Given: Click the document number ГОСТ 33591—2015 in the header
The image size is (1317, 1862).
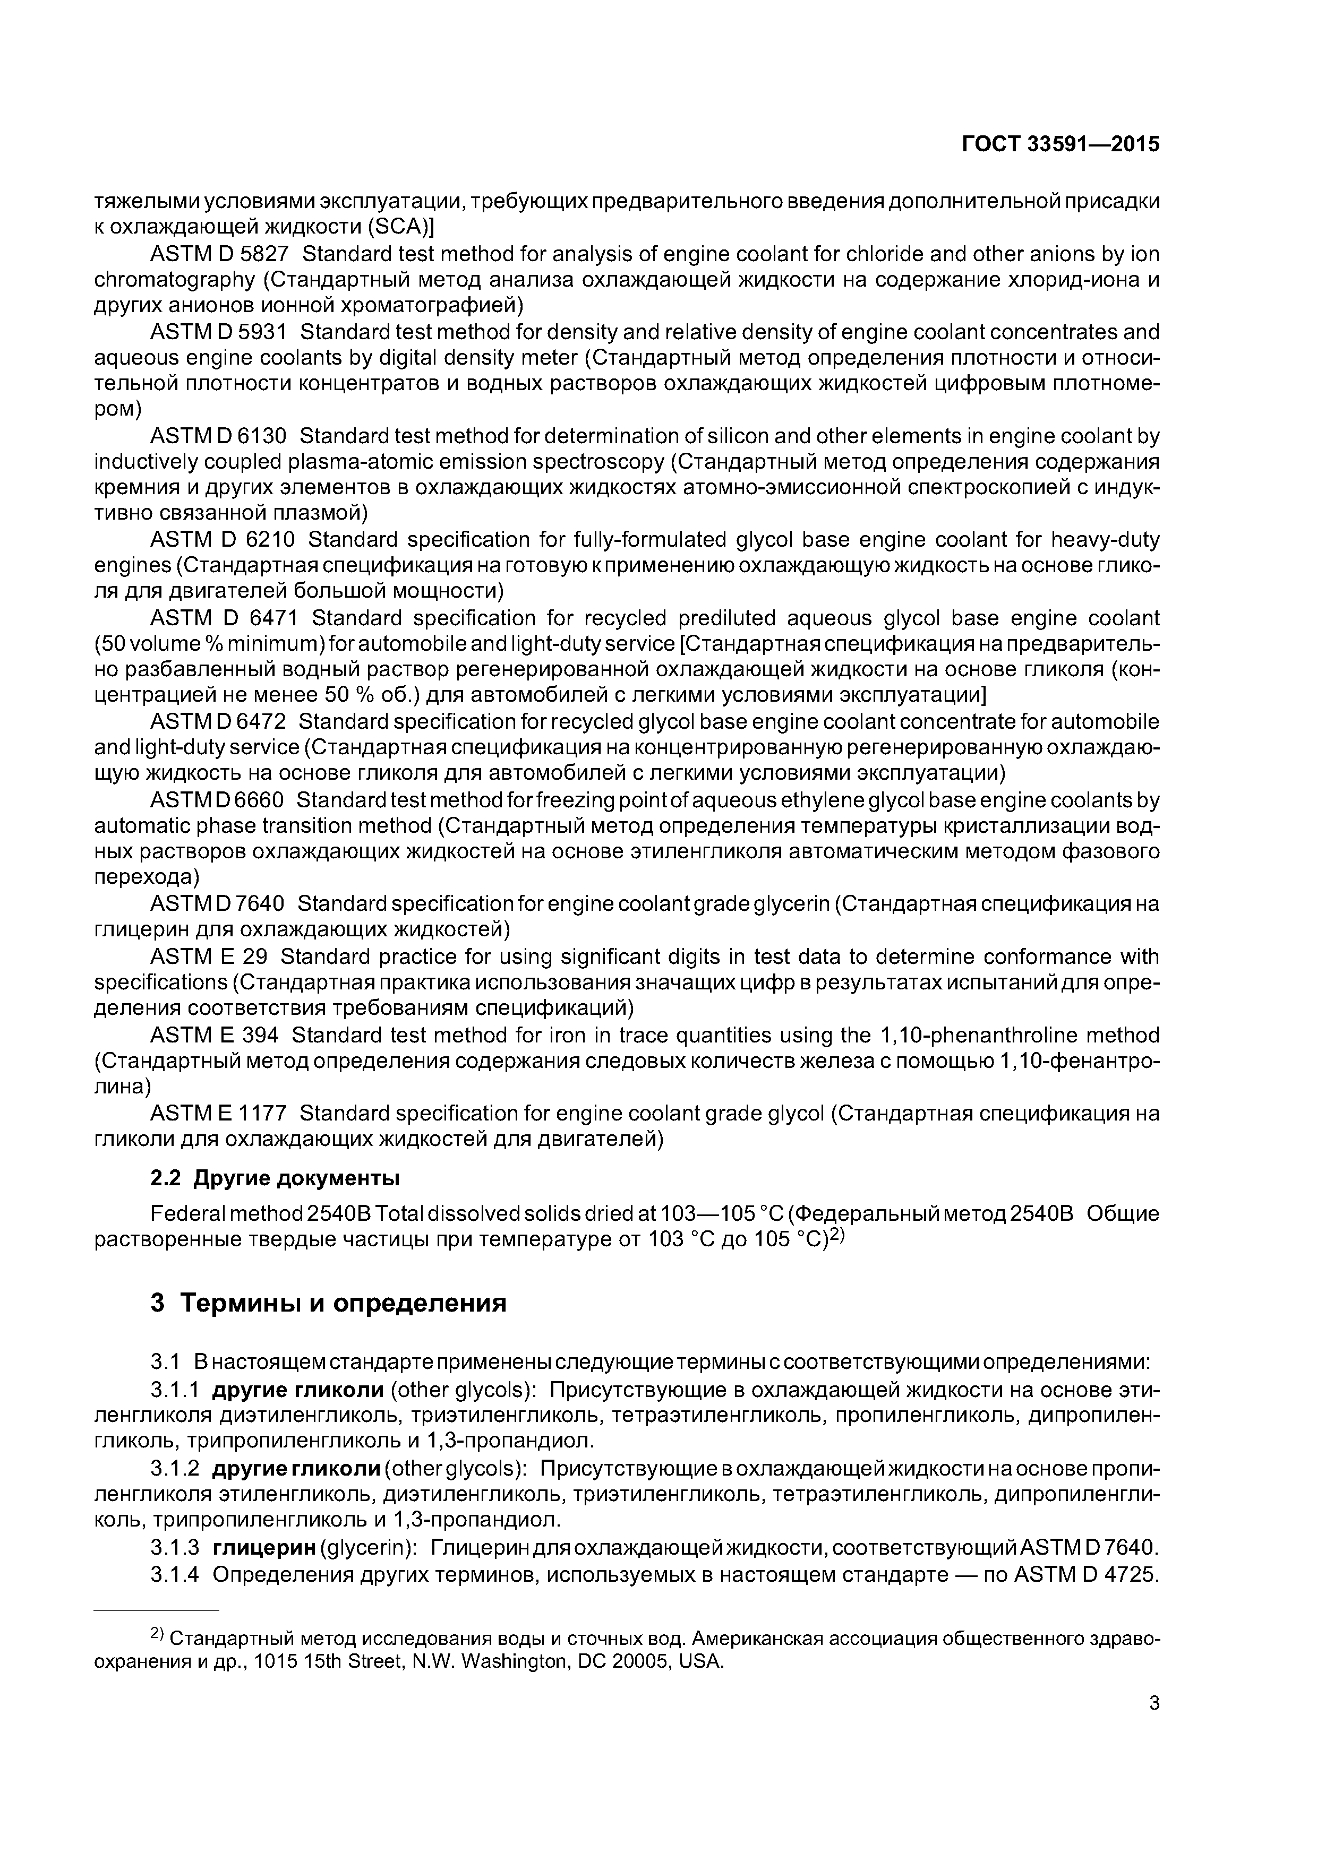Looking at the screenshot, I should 1060,144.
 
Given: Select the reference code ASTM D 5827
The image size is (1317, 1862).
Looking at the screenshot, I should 219,255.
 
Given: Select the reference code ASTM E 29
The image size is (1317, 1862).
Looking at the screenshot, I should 209,957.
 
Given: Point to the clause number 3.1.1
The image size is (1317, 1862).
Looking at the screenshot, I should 175,1390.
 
